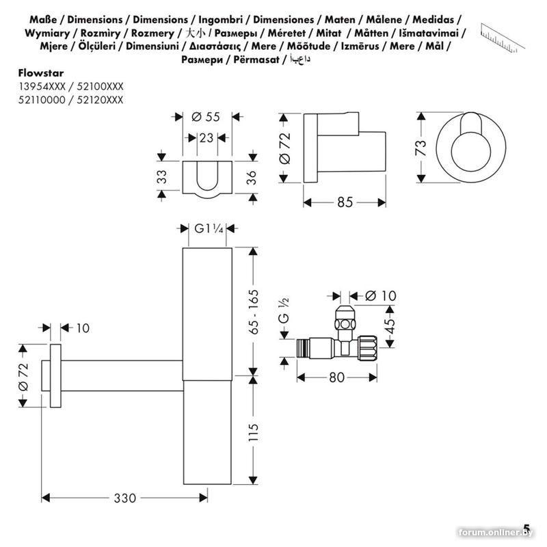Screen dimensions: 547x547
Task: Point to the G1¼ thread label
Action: point(209,229)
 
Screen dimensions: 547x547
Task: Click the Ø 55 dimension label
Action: point(206,116)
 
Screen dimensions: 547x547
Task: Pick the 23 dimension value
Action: point(206,137)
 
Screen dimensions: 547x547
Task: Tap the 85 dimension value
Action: point(345,202)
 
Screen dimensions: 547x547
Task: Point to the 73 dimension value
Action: point(421,146)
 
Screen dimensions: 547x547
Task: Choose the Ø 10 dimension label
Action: point(381,295)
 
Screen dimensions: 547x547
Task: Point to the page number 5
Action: point(526,527)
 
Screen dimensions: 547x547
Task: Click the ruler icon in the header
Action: point(505,34)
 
